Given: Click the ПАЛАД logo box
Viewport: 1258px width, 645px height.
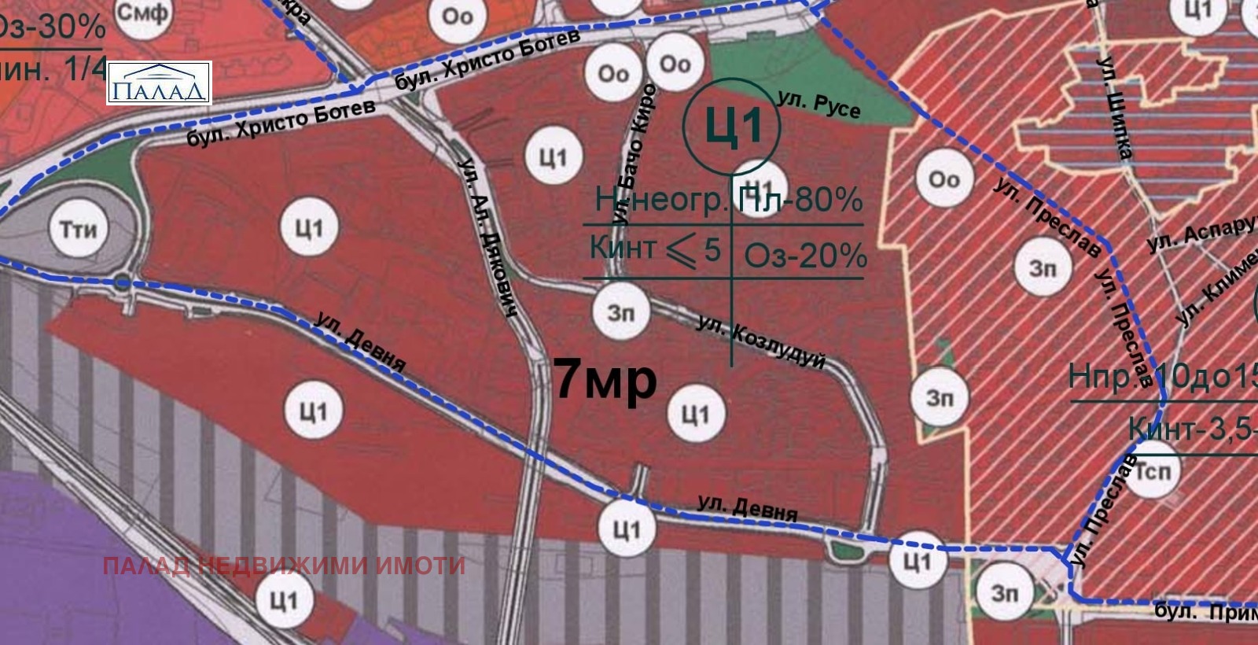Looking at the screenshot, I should [x=159, y=83].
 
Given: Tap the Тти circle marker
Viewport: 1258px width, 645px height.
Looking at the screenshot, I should [x=79, y=230].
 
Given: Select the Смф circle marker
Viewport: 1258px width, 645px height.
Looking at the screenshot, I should [x=142, y=13].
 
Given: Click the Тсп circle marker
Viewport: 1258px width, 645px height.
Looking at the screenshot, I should [x=1153, y=471].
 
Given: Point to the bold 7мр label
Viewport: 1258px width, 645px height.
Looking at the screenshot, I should [x=605, y=379].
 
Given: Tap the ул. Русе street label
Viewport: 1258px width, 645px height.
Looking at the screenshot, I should [x=818, y=105].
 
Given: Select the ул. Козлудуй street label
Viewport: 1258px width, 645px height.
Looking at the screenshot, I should [x=761, y=341].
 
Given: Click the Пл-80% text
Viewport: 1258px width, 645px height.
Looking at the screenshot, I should [x=801, y=201].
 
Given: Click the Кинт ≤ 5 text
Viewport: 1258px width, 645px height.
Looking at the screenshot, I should [x=654, y=249].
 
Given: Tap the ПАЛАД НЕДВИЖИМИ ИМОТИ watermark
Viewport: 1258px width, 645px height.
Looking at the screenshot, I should [x=284, y=566].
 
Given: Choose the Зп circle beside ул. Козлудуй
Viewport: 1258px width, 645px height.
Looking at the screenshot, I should [x=621, y=311].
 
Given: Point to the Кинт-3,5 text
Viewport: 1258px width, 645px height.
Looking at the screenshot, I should [x=1191, y=429].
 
